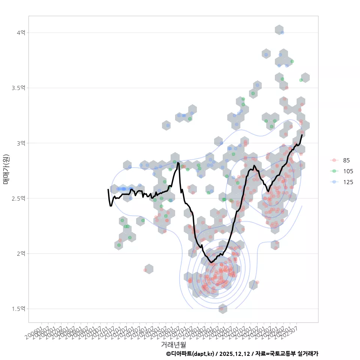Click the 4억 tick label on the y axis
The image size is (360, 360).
pyautogui.click(x=21, y=33)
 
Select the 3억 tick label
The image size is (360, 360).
pyautogui.click(x=21, y=143)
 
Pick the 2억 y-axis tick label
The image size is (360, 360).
pyautogui.click(x=21, y=253)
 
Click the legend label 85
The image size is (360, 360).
pyautogui.click(x=346, y=160)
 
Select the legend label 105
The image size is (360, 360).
pyautogui.click(x=348, y=171)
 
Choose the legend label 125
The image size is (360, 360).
pyautogui.click(x=348, y=182)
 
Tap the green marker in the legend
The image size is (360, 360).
pyautogui.click(x=334, y=171)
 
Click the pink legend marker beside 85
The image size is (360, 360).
pyautogui.click(x=334, y=160)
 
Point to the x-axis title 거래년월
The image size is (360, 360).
pyautogui.click(x=173, y=344)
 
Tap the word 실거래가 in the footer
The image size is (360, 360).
pyautogui.click(x=307, y=354)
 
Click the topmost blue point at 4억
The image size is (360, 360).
pyautogui.click(x=282, y=33)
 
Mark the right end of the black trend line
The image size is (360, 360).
pyautogui.click(x=302, y=135)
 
